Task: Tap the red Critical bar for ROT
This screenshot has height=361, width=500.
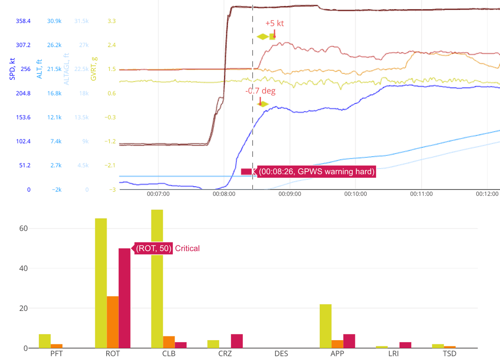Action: (125, 298)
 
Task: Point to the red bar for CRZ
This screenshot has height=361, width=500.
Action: (237, 341)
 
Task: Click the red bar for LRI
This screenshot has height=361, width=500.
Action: (405, 345)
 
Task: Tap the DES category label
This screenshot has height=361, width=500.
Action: (281, 354)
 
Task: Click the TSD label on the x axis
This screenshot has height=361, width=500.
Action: (450, 354)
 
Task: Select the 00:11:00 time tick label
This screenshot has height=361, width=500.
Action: (421, 194)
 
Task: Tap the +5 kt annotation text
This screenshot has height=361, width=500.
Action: (274, 23)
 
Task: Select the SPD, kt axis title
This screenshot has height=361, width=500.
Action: (12, 67)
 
